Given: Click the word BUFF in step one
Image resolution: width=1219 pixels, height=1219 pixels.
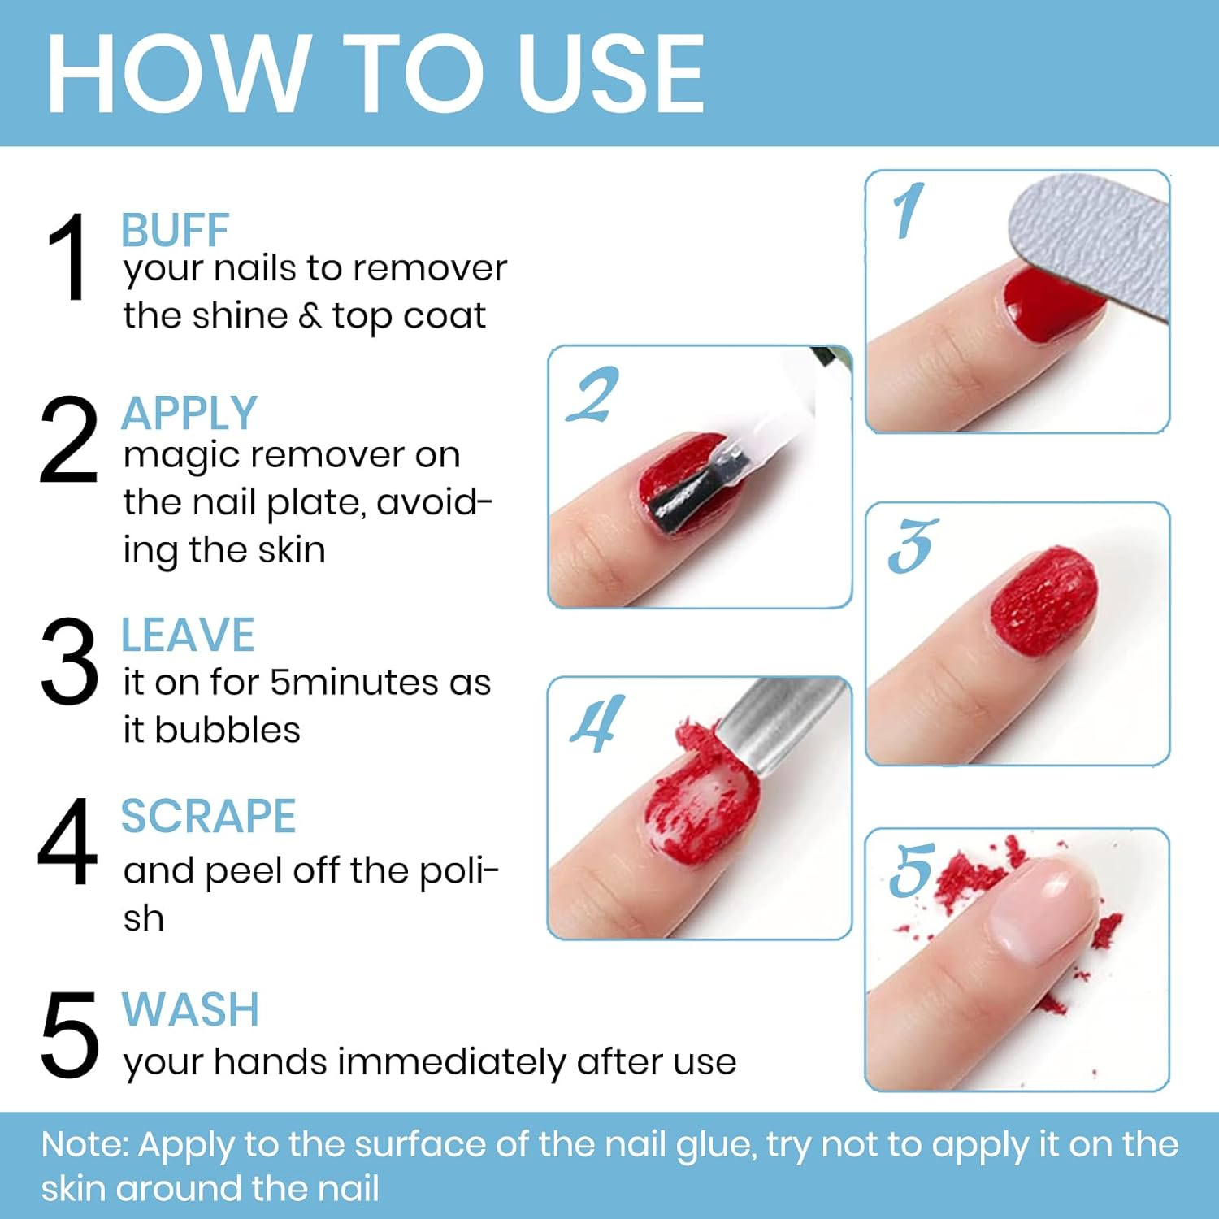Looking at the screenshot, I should pos(175,230).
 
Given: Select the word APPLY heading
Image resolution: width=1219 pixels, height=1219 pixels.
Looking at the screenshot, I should pos(189,413).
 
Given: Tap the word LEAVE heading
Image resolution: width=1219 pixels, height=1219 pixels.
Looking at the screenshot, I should pos(188,635).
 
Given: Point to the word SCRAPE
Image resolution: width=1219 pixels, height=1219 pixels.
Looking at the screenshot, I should pos(208,816).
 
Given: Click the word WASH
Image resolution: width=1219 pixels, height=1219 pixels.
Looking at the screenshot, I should pos(190,1009).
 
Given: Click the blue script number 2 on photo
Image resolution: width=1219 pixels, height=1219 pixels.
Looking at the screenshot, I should pos(593,396).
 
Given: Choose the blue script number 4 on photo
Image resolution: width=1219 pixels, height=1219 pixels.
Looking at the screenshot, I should pos(597,723).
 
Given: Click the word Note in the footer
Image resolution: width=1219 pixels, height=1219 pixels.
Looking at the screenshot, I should pos(84,1144).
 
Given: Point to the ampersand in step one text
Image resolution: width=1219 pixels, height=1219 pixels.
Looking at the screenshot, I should pos(310,316).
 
